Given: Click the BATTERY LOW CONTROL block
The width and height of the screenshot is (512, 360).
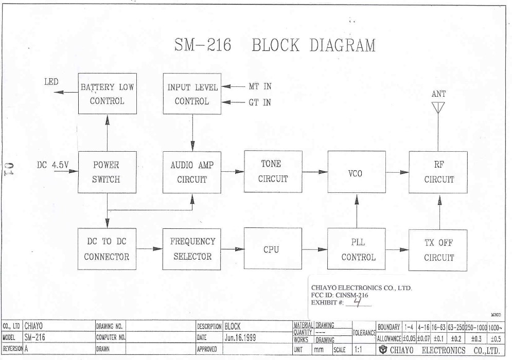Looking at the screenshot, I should tap(107, 94).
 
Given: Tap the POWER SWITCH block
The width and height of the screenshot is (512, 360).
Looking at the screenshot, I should tap(107, 172).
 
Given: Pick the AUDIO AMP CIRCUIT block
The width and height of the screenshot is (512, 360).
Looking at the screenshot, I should tap(192, 172).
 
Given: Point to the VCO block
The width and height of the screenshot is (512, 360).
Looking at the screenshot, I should tap(356, 173).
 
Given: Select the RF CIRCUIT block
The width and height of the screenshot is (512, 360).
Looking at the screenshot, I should tap(439, 172).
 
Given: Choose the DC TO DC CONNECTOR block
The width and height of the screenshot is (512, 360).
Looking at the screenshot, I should tap(107, 249).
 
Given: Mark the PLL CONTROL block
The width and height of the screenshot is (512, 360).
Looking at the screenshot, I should tap(356, 249).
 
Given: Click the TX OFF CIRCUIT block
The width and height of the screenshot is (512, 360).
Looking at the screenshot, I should tap(439, 249).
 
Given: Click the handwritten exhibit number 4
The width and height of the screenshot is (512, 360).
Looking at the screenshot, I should tap(357, 302).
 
